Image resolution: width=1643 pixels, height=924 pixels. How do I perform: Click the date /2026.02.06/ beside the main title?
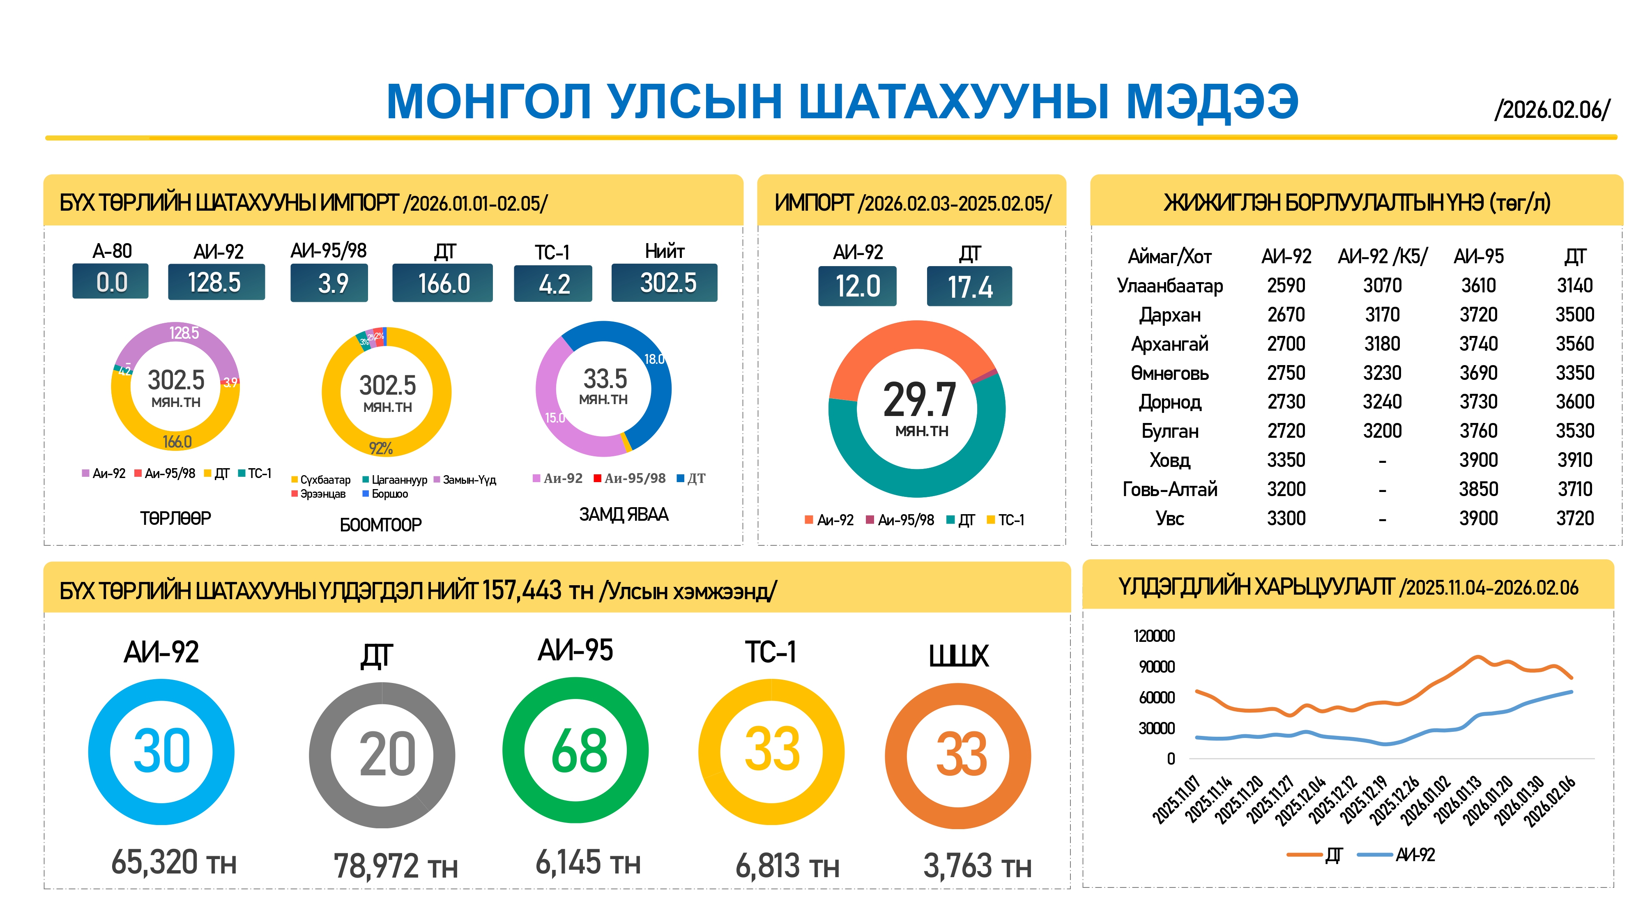(1552, 110)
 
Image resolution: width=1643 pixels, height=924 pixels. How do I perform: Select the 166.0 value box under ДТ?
(443, 283)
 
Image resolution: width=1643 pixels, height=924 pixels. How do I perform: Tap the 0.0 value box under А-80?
(111, 282)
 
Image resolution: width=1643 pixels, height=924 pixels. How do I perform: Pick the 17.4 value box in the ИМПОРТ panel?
(969, 286)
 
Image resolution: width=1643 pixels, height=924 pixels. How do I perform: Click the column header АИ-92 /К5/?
(1382, 256)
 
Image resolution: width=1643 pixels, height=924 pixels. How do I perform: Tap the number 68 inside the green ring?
(578, 751)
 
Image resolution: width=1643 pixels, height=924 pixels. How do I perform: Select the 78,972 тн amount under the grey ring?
(396, 866)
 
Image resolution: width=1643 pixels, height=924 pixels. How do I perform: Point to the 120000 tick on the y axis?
(1154, 636)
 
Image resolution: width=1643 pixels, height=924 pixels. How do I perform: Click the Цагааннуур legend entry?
(398, 480)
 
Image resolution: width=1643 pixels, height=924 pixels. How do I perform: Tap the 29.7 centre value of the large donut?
(919, 400)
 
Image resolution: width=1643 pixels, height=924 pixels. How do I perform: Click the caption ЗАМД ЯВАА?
(623, 515)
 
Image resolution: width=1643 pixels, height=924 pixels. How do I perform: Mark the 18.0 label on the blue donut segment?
(654, 359)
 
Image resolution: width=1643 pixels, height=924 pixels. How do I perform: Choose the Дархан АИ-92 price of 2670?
(1285, 315)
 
